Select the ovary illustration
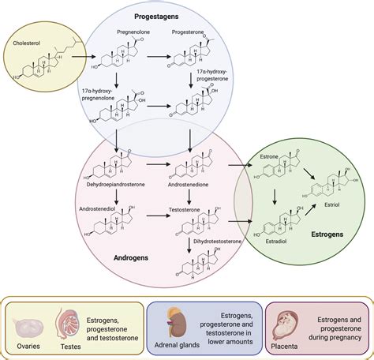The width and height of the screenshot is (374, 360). tap(30, 324)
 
